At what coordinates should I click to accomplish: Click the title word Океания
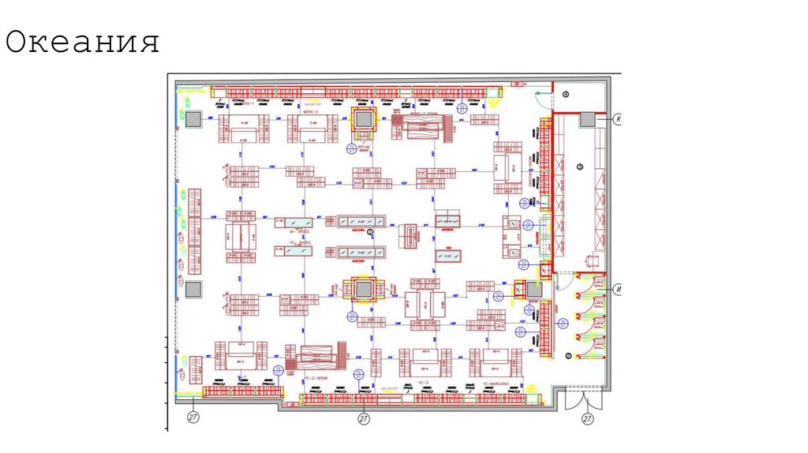coord(82,43)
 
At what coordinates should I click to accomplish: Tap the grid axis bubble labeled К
coord(619,118)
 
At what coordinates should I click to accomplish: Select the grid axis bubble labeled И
coord(619,288)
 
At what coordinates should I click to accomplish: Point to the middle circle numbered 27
coord(364,418)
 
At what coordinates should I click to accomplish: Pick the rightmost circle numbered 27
coord(587,418)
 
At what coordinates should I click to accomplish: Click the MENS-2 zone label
coord(309,112)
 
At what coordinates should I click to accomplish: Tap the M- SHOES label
coord(297,242)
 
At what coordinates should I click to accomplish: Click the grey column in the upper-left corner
coord(192,118)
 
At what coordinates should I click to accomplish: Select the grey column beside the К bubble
coord(587,118)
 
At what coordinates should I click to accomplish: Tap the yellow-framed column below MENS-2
coord(364,120)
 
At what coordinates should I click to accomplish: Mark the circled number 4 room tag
coord(565,94)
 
